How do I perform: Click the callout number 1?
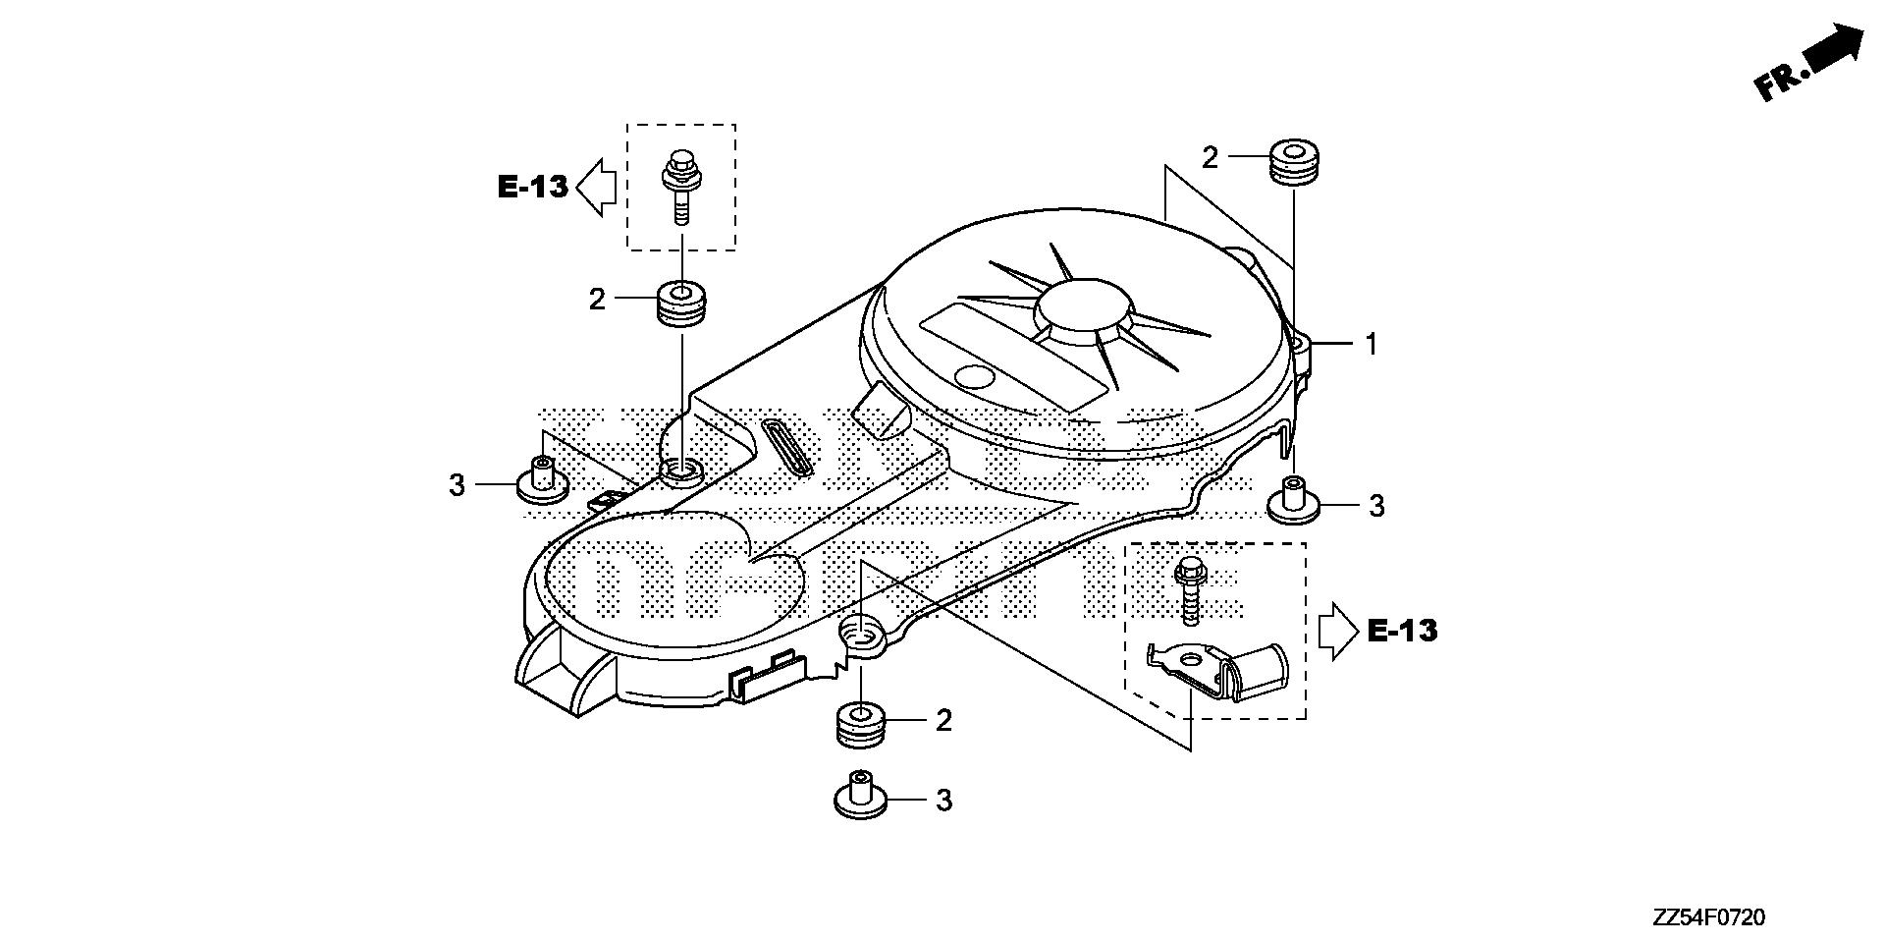(x=1372, y=345)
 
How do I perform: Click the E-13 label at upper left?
(x=533, y=187)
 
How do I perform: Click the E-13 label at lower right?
(x=1402, y=630)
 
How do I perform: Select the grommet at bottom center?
(x=861, y=726)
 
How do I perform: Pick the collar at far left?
(x=542, y=479)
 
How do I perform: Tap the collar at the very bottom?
(x=861, y=795)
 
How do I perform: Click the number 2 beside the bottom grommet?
(x=943, y=721)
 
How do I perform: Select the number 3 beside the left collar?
(x=457, y=484)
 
